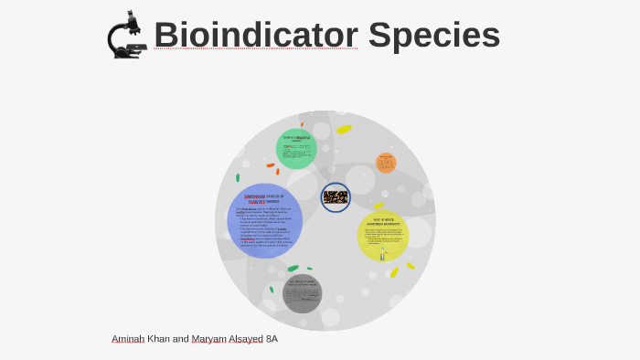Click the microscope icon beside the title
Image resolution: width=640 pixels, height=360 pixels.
click(126, 35)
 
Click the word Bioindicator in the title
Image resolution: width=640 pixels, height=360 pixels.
click(255, 35)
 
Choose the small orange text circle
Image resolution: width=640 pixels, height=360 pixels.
click(386, 163)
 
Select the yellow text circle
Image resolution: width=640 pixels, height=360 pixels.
click(382, 235)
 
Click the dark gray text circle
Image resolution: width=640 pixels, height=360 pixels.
click(302, 292)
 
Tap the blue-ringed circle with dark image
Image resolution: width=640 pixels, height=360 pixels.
click(336, 196)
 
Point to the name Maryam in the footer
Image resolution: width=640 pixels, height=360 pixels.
click(208, 339)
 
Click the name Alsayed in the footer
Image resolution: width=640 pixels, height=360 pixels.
click(246, 339)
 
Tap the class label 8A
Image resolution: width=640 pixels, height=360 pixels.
click(272, 339)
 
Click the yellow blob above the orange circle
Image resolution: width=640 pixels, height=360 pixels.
click(344, 129)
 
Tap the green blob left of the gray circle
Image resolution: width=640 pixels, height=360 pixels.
click(293, 269)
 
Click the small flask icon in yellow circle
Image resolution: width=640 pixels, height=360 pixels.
click(383, 255)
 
